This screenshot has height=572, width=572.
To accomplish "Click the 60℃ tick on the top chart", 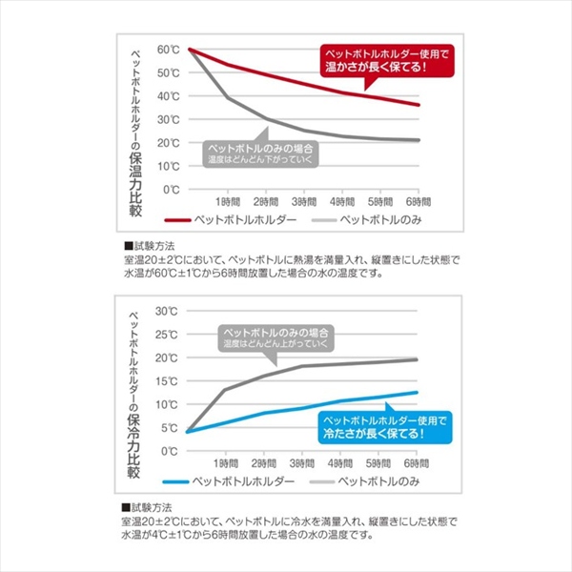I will click(x=169, y=50).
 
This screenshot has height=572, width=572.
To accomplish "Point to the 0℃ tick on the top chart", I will click(x=172, y=189).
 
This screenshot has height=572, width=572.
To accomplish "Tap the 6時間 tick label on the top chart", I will click(x=419, y=203).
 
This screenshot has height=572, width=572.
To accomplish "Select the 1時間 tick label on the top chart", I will click(x=227, y=203).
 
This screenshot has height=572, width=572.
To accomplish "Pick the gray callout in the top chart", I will click(x=259, y=153).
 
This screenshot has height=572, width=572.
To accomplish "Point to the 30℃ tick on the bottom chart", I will click(x=168, y=311).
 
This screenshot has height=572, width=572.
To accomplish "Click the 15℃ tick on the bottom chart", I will click(x=168, y=380).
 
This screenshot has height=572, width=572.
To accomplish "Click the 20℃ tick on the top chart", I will click(x=169, y=142).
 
